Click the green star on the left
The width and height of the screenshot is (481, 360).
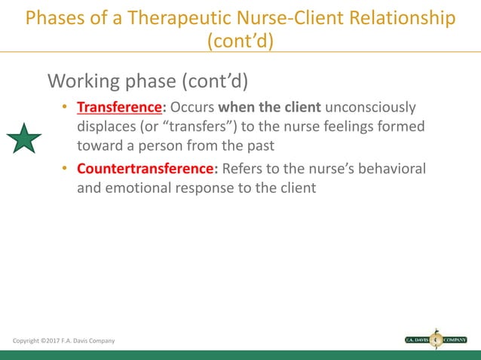tap(25, 139)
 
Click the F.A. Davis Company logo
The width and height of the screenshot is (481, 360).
tap(436, 339)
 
